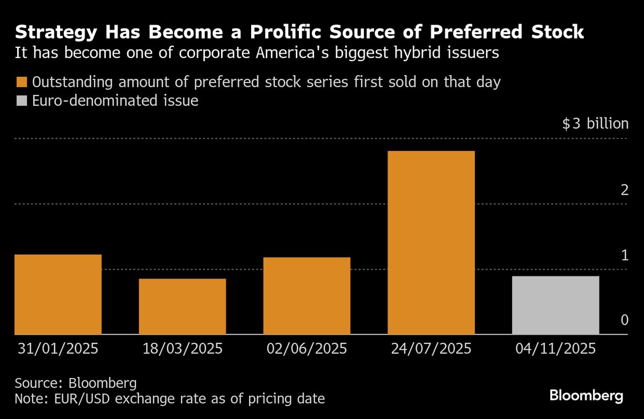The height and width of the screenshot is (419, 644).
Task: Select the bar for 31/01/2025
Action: point(58,295)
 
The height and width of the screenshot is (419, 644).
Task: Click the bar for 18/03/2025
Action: point(182,306)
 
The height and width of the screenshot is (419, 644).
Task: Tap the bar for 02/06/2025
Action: point(306,296)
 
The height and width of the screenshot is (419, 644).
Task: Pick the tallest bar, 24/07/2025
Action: point(431,242)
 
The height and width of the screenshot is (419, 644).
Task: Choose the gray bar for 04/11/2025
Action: point(555,305)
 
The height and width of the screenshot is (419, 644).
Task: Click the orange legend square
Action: point(21,83)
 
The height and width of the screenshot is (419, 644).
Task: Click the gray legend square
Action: point(21,101)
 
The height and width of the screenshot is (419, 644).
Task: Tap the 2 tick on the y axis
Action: point(624,189)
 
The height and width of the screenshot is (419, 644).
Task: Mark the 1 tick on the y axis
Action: point(624,255)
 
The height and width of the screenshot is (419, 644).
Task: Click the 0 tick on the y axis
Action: point(624,320)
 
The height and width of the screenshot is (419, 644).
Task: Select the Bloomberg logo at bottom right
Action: point(586,396)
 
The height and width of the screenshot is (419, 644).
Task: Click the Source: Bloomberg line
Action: point(76,384)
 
